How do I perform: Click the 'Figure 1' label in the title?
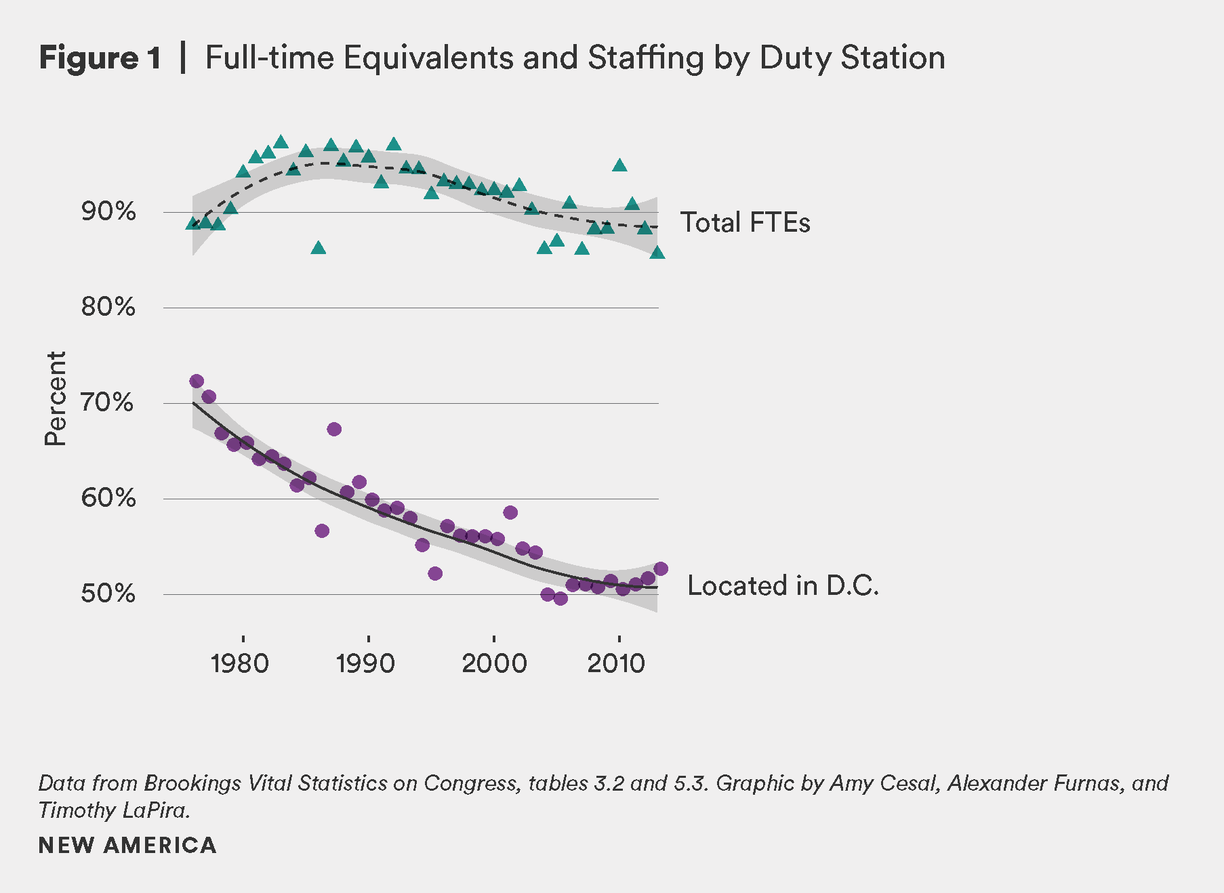[x=100, y=58]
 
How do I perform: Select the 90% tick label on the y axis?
[x=108, y=211]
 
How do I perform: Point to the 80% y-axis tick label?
[x=108, y=307]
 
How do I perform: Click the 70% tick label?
[x=108, y=402]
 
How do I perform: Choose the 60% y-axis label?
[x=108, y=498]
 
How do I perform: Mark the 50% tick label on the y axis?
[x=108, y=594]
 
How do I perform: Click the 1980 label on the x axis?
[x=240, y=663]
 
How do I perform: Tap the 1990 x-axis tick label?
[x=365, y=663]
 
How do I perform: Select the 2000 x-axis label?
[x=494, y=663]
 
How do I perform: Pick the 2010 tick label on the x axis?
[x=616, y=663]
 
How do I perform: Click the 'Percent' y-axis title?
[x=56, y=398]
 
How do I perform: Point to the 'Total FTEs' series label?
[x=745, y=223]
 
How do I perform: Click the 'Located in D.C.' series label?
[x=783, y=586]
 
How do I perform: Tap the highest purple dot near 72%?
[x=197, y=381]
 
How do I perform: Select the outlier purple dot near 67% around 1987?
[x=334, y=429]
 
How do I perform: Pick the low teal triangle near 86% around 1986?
[x=319, y=249]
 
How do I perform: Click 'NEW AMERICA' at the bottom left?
[x=127, y=846]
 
